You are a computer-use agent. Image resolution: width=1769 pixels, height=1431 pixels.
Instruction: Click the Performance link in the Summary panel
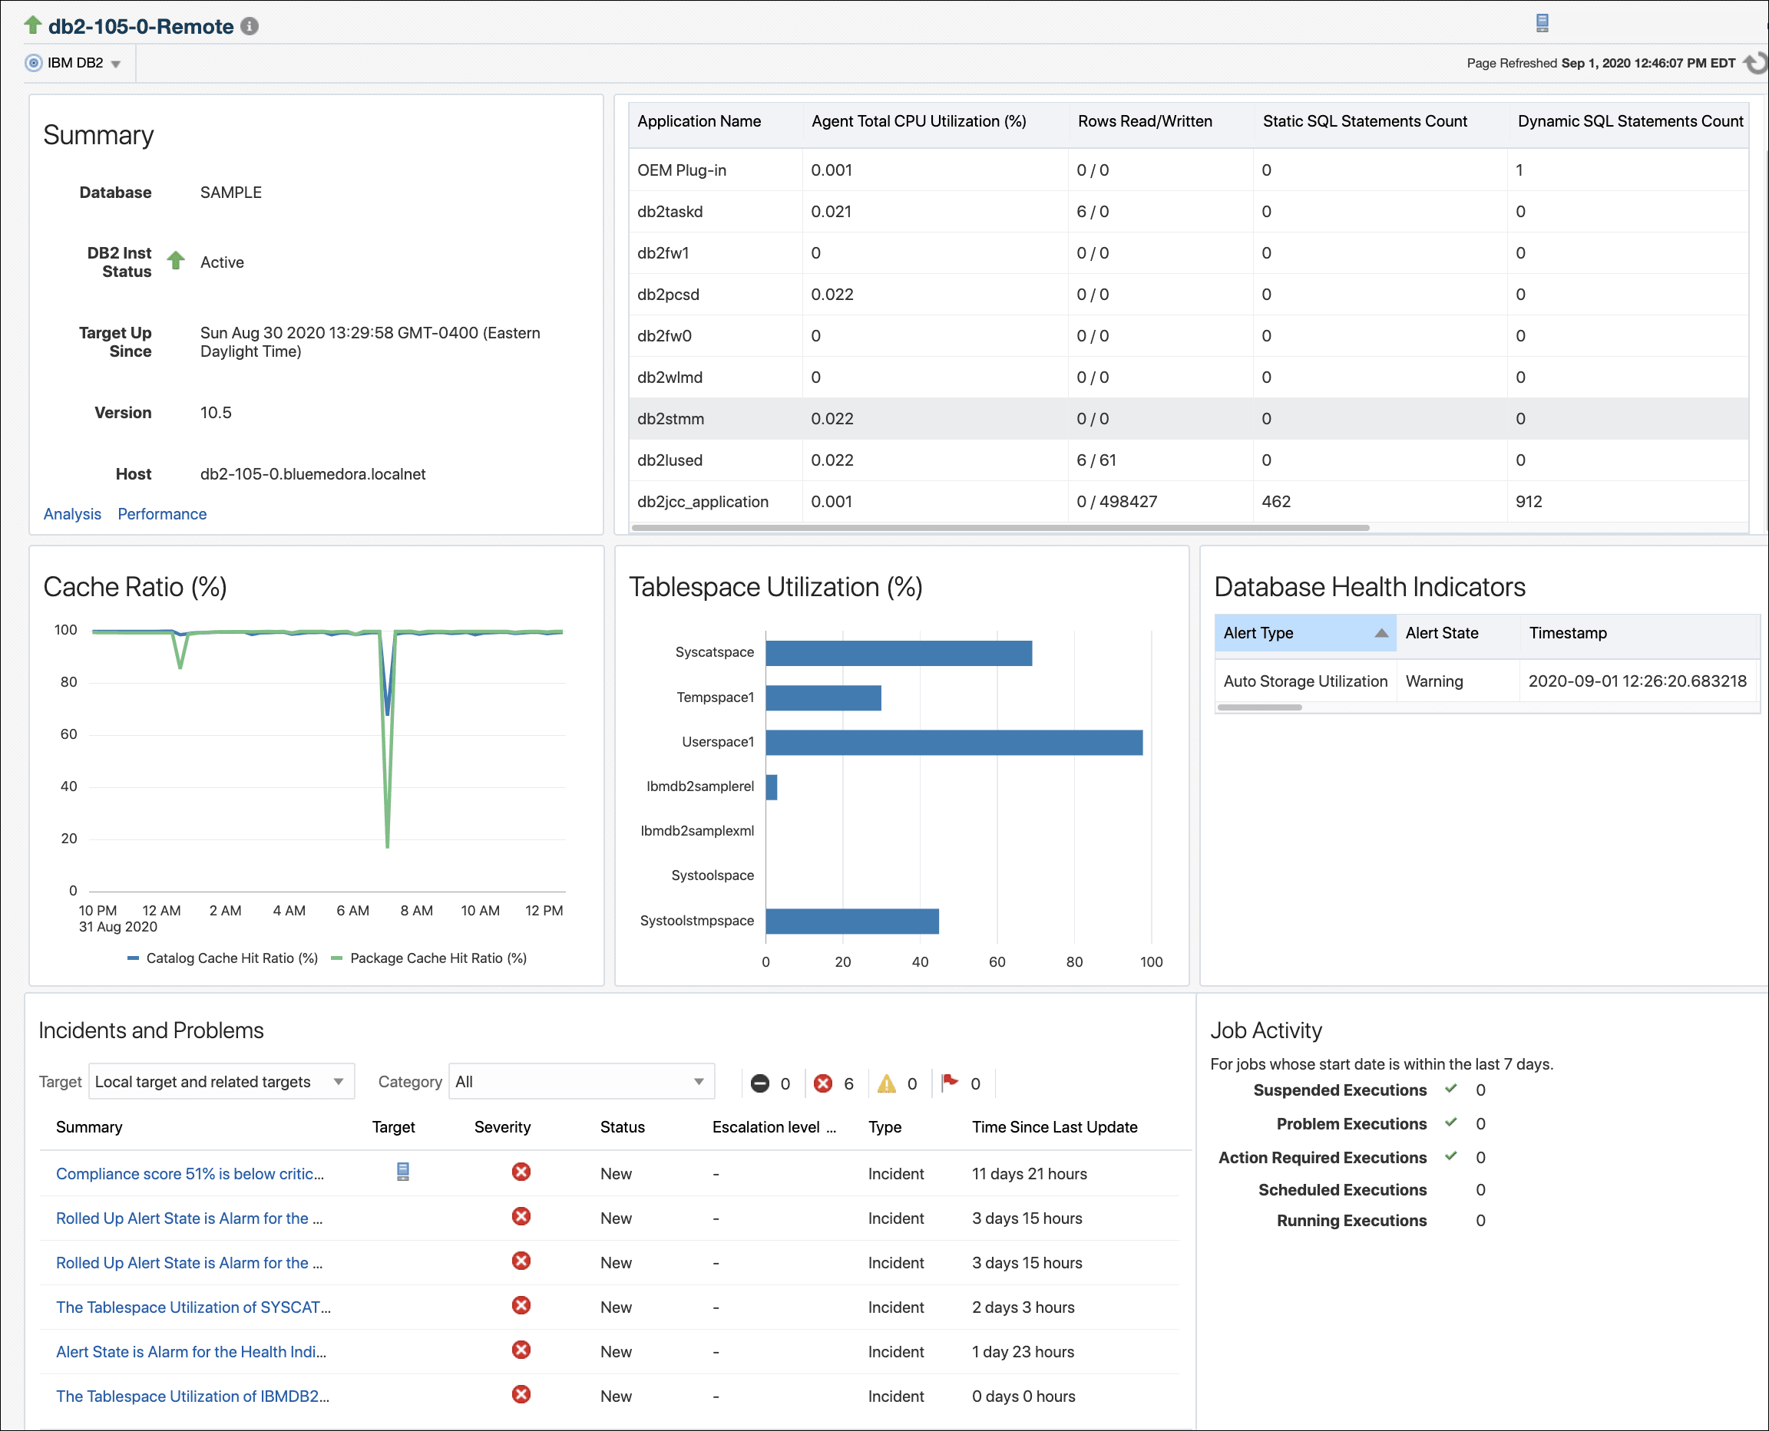point(162,514)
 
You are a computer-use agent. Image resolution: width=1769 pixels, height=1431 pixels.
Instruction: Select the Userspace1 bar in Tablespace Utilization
point(954,743)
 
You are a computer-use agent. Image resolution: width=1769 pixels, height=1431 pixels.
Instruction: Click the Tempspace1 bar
point(822,698)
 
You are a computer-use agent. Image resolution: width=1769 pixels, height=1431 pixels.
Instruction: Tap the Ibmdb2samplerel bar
point(771,787)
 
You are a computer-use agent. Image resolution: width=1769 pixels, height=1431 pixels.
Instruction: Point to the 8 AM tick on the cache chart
point(416,911)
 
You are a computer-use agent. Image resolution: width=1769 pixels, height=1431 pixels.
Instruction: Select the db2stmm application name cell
point(670,420)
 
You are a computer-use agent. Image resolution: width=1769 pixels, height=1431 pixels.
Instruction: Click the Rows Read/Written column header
point(1145,122)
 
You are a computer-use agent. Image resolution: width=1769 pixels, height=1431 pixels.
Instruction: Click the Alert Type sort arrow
point(1380,634)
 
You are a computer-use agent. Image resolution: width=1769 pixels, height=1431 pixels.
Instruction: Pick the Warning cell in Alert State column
point(1434,681)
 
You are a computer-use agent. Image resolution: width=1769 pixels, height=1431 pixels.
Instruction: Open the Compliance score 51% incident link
point(190,1175)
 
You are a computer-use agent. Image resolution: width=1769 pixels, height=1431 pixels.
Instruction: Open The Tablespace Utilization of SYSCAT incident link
point(193,1308)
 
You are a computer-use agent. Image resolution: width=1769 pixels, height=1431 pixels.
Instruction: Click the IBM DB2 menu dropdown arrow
point(115,64)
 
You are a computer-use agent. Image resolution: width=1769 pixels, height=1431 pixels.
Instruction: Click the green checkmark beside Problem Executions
point(1450,1123)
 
